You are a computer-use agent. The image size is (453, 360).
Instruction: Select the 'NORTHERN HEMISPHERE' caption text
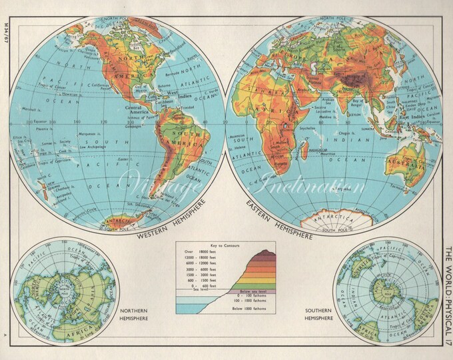point(133,315)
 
